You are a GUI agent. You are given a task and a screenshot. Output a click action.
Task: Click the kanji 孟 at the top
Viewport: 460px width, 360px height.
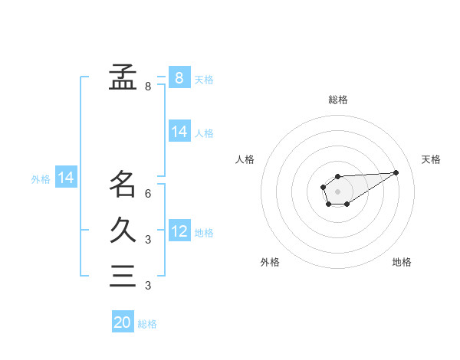[123, 77]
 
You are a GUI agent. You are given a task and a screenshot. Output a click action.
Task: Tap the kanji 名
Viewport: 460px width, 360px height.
[123, 184]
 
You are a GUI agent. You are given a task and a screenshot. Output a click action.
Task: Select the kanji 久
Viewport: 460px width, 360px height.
[123, 230]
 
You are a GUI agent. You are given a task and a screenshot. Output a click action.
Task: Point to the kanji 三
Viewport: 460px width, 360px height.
[123, 276]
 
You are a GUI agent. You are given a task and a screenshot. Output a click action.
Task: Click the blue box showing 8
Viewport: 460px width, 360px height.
[179, 77]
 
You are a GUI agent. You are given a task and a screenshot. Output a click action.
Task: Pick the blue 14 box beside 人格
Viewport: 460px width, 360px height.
[179, 132]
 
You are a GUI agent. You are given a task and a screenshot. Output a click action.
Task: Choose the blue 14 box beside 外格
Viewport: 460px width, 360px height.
[66, 178]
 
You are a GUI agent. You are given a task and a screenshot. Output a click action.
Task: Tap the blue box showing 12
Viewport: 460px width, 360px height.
[179, 231]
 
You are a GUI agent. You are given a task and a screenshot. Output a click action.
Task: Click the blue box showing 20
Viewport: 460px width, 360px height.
[123, 322]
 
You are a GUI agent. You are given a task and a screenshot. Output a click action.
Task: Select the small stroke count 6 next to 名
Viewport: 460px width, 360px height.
[148, 194]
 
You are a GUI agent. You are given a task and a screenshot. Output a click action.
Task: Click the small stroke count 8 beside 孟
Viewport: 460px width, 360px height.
[148, 87]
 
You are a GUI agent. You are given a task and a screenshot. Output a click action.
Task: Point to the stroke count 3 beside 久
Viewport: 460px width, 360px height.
[148, 240]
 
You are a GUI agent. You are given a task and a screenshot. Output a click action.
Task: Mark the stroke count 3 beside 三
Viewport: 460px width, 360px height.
[148, 286]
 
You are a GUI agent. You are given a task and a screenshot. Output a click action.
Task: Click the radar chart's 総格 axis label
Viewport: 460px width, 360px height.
[338, 100]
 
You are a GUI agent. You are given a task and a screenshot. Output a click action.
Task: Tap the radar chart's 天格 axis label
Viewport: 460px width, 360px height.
[431, 159]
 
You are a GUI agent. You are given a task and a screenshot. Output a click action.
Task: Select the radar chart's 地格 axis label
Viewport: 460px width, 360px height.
[402, 262]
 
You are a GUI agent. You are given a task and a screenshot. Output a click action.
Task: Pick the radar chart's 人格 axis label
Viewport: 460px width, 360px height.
[245, 159]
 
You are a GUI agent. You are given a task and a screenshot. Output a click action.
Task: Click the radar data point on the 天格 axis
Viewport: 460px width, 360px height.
[396, 172]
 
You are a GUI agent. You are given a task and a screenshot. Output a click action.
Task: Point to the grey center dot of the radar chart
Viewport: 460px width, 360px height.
[337, 191]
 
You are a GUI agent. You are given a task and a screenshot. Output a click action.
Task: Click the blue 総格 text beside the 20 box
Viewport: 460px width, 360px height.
[147, 323]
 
